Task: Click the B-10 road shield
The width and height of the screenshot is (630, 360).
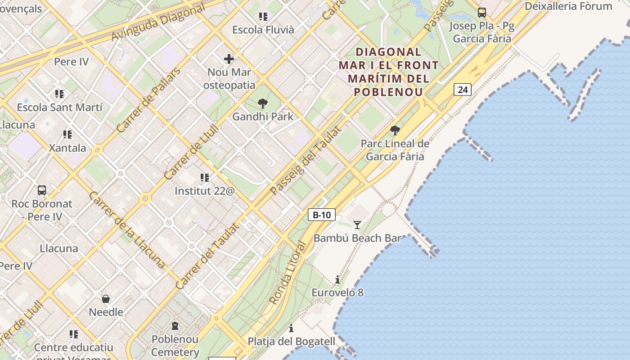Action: click(x=322, y=215)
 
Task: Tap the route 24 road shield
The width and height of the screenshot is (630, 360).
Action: click(x=462, y=90)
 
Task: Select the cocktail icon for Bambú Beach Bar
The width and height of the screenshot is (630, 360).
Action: click(x=357, y=225)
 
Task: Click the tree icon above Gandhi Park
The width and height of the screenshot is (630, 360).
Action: click(x=263, y=104)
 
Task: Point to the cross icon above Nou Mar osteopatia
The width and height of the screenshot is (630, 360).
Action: click(x=229, y=58)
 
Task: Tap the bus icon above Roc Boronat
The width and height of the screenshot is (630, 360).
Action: click(x=42, y=190)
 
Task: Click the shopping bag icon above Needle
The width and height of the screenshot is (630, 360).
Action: click(x=106, y=298)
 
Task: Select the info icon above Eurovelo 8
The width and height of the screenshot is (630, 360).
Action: click(x=337, y=279)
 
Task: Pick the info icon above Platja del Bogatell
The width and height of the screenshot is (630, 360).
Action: click(x=291, y=328)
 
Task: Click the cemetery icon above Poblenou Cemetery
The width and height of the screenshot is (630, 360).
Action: click(x=175, y=325)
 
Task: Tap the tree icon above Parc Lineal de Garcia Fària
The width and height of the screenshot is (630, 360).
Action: click(x=395, y=130)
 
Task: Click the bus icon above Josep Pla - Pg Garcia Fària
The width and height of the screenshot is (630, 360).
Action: click(x=482, y=12)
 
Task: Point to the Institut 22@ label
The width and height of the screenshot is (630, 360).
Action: click(x=205, y=191)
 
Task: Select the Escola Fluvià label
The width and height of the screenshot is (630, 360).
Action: click(x=263, y=30)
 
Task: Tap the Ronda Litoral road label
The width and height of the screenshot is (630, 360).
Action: click(x=288, y=273)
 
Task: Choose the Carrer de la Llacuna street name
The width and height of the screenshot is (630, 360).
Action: click(x=126, y=229)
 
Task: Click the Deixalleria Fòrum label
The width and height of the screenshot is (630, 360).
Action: click(x=568, y=6)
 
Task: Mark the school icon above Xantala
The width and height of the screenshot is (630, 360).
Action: click(x=67, y=134)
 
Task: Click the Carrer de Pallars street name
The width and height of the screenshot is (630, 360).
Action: click(x=148, y=100)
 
